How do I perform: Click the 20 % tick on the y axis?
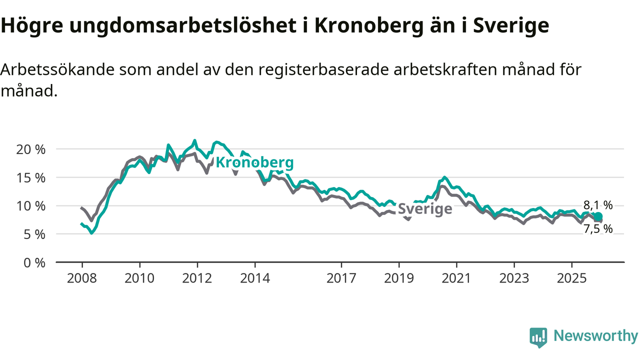click(x=31, y=149)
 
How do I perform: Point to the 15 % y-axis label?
click(x=31, y=177)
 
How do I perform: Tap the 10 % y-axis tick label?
click(x=31, y=205)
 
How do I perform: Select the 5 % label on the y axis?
click(x=34, y=234)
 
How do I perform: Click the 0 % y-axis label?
click(x=34, y=262)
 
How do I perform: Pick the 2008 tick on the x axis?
click(x=81, y=277)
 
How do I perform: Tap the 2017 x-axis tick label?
click(x=341, y=277)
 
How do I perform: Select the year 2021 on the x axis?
click(x=456, y=277)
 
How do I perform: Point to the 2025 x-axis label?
click(x=572, y=277)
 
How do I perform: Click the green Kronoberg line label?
click(x=254, y=162)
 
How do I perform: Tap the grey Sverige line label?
click(x=424, y=209)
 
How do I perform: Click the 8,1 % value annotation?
click(x=598, y=205)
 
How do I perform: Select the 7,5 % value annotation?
click(x=598, y=229)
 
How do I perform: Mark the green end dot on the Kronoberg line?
click(x=598, y=216)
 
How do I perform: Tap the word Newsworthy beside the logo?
click(x=595, y=336)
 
